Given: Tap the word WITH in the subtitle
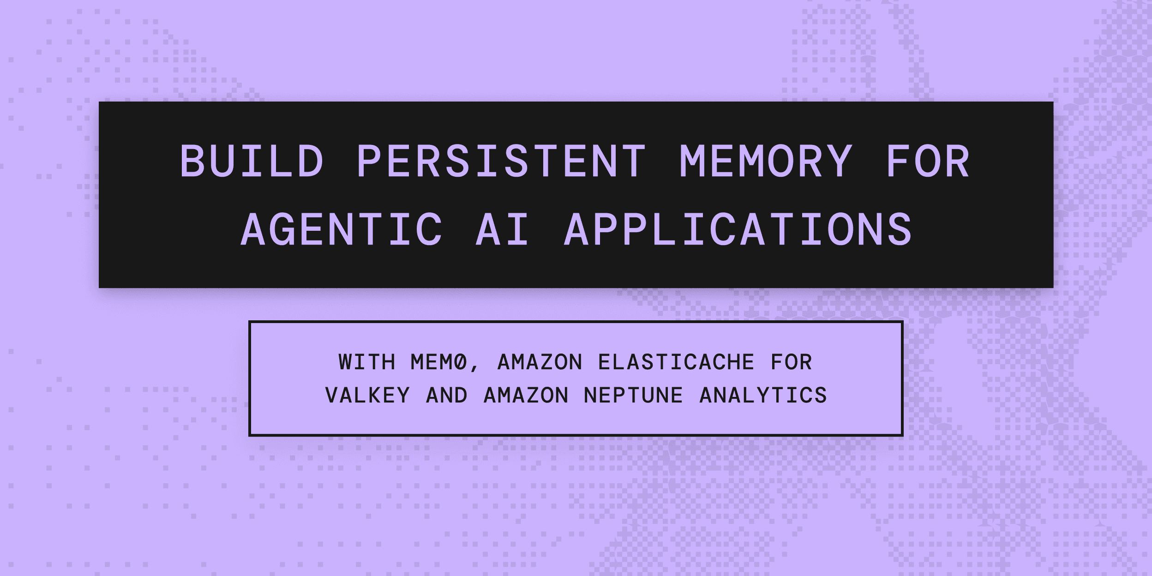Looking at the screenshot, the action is point(367,362).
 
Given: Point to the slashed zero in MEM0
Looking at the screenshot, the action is point(461,362).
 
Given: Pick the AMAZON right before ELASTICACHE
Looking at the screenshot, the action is point(540,362).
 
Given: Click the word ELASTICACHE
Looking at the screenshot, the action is point(676,362).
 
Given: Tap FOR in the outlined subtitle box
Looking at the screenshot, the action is point(792,362).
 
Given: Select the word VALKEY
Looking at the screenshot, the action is point(367,395).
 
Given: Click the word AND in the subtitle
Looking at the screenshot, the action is point(446,395).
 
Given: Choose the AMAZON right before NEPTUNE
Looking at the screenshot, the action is point(526,395).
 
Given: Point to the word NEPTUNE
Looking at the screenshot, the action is point(633,395).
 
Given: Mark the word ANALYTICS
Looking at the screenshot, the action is point(763,395).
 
